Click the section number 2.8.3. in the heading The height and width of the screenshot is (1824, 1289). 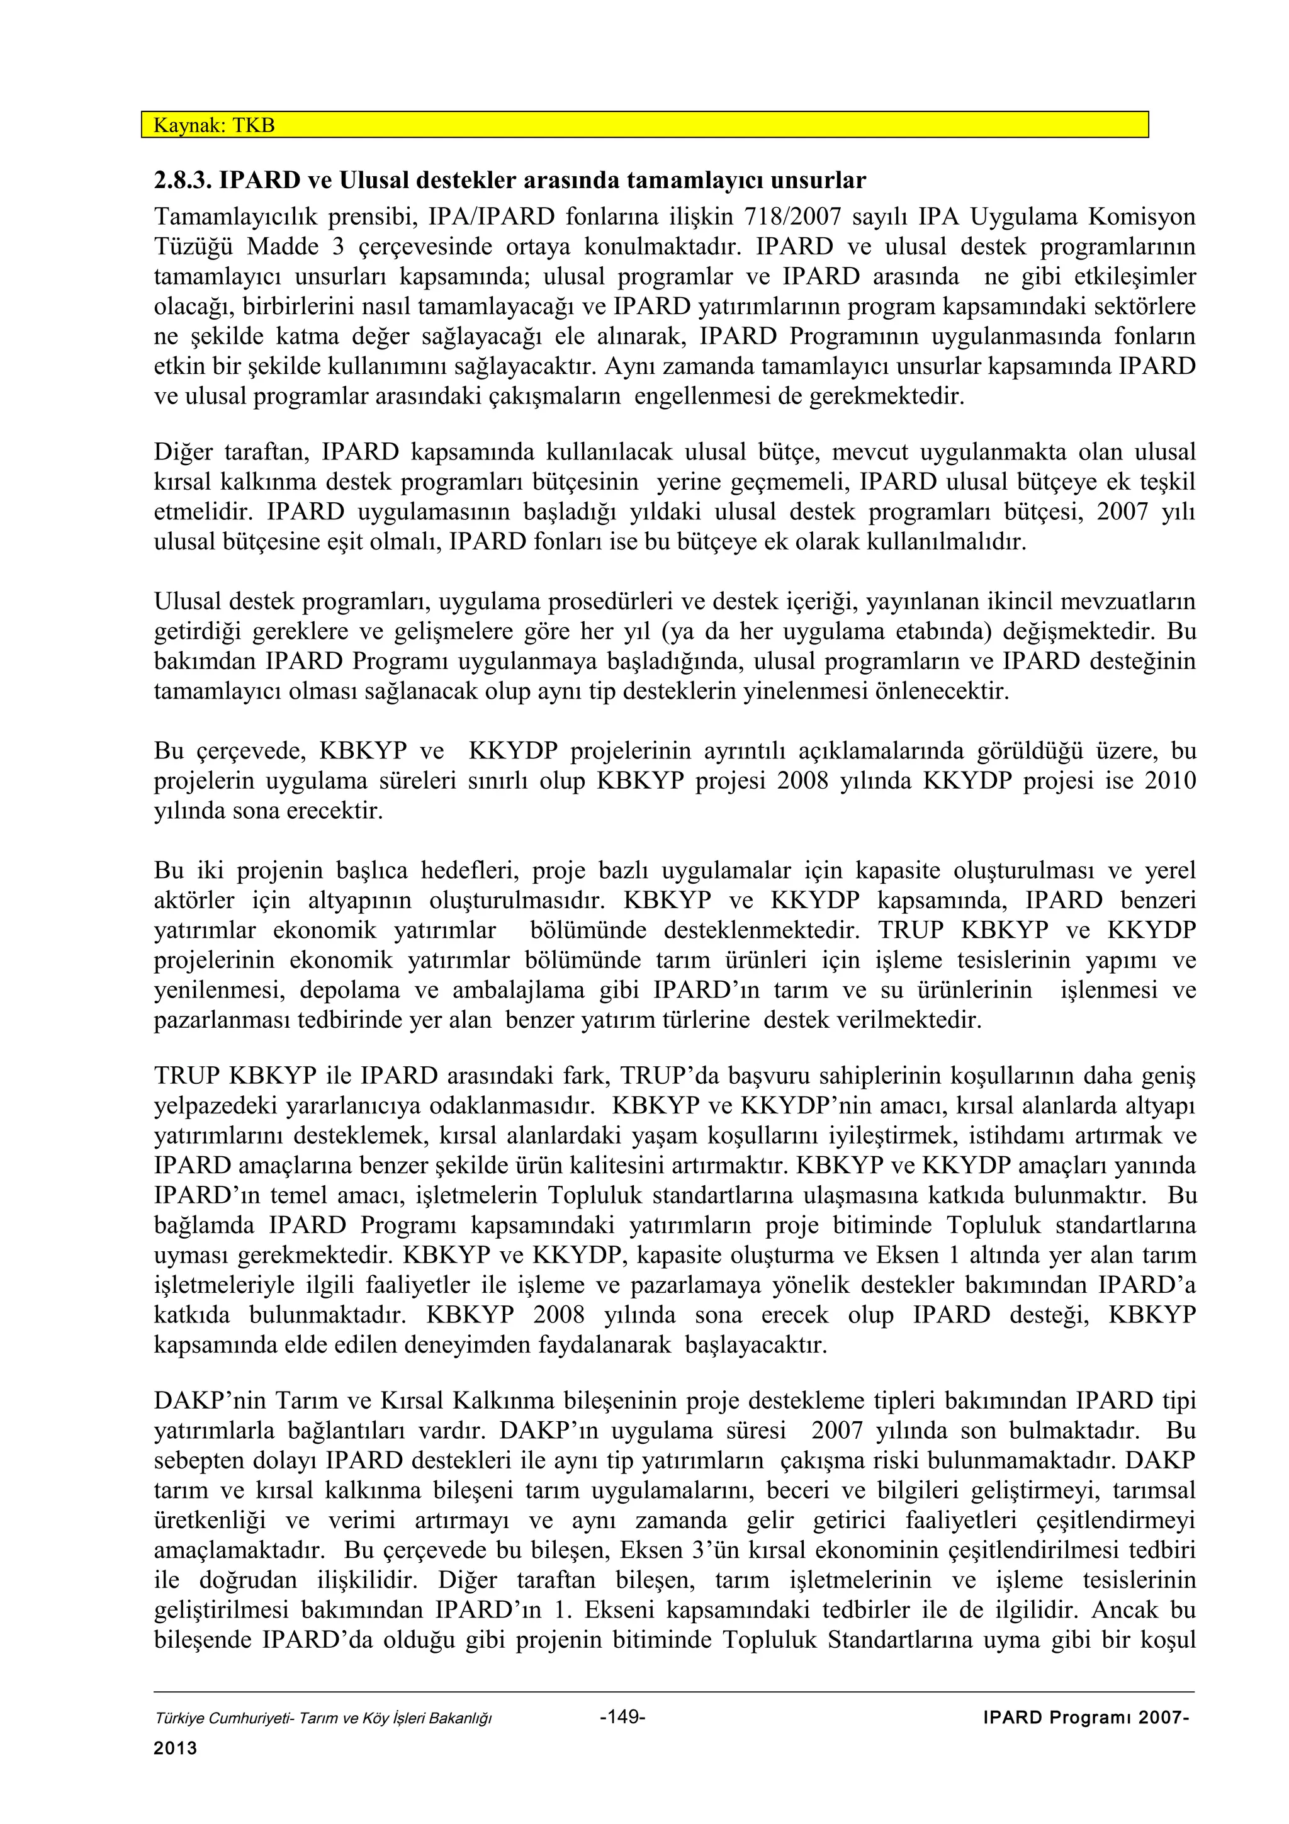[182, 181]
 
